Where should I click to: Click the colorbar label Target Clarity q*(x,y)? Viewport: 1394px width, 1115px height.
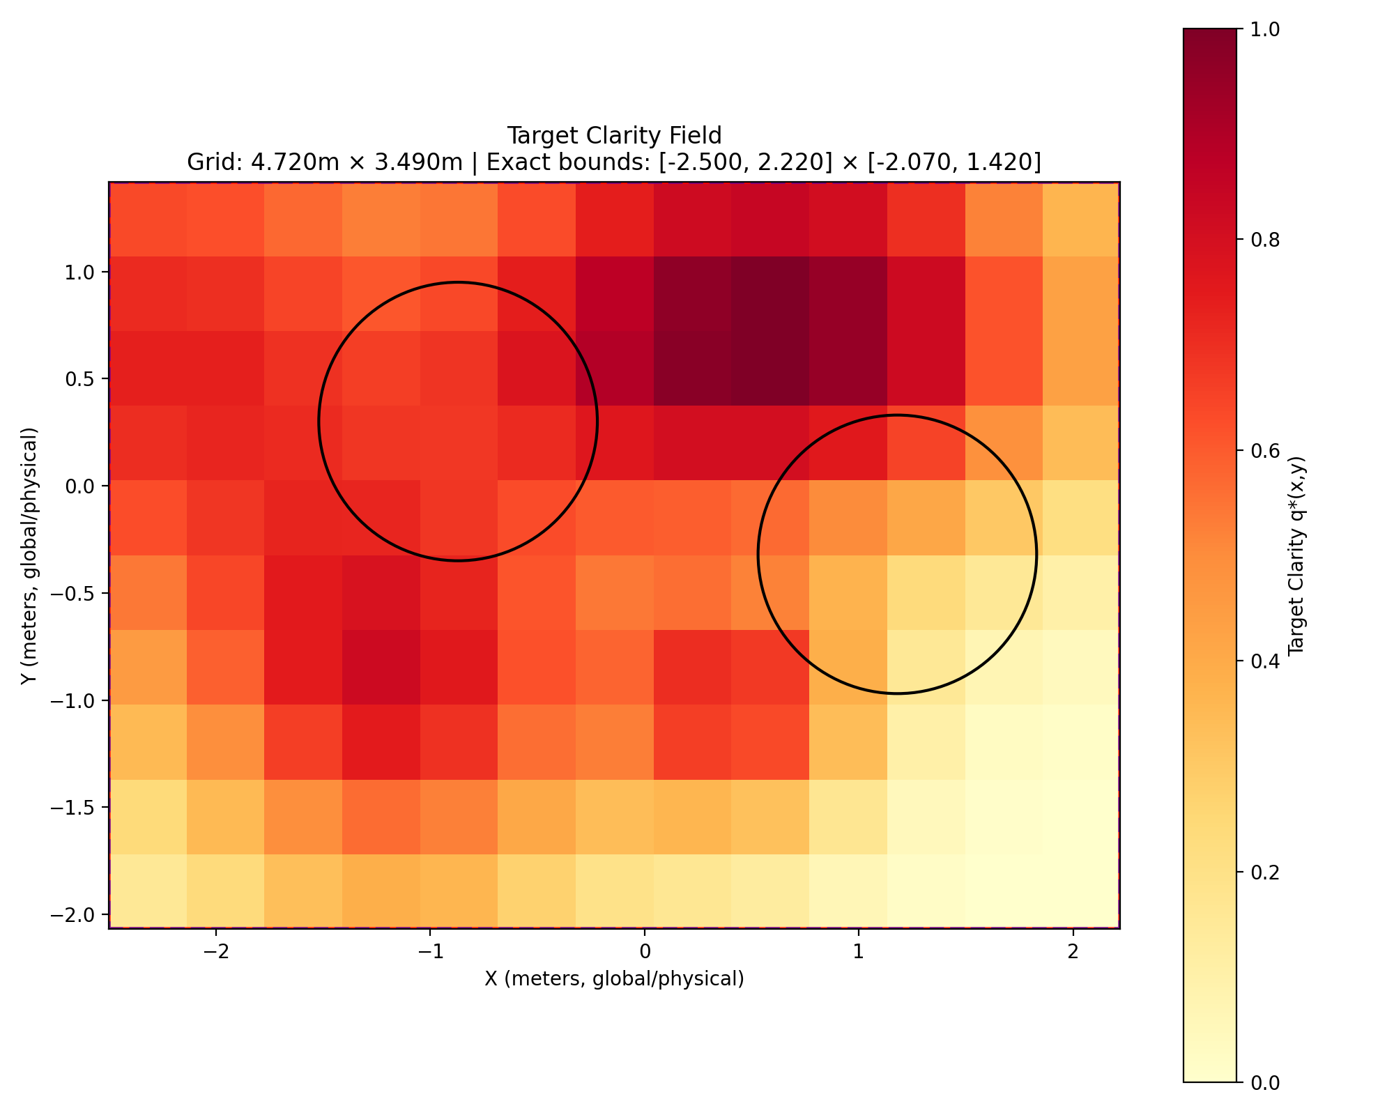(1296, 555)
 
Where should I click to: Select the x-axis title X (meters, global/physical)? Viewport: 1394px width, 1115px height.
(614, 979)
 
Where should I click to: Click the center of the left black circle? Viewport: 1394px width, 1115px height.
(458, 422)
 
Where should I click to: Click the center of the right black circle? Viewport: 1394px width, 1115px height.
(897, 555)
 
